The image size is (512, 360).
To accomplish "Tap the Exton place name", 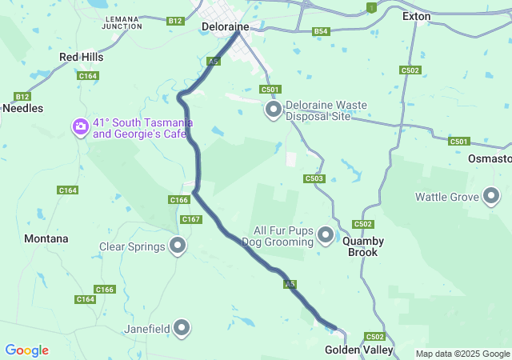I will (x=416, y=16).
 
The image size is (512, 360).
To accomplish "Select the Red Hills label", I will (x=82, y=58).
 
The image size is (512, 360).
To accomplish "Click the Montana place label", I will (x=46, y=238).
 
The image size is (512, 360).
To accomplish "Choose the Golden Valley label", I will (x=359, y=350).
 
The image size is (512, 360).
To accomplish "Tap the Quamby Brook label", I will (x=363, y=246).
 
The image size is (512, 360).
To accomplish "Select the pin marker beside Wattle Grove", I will (x=491, y=196).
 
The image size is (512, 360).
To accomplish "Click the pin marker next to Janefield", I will (x=182, y=327).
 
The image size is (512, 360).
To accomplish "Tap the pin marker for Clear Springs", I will (x=178, y=246).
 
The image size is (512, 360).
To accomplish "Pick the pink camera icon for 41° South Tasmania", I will (x=80, y=126).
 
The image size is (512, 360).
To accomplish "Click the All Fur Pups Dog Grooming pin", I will (x=325, y=235).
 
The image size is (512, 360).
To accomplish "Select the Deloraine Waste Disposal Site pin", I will (x=274, y=110).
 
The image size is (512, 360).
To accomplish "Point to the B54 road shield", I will (x=321, y=31).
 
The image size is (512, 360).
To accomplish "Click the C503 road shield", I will (x=314, y=178).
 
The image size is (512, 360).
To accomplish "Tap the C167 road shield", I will (x=191, y=219).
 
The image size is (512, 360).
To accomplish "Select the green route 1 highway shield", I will (x=370, y=7).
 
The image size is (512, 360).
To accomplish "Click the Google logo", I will (x=26, y=350).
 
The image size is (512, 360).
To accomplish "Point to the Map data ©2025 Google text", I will (x=462, y=354).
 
